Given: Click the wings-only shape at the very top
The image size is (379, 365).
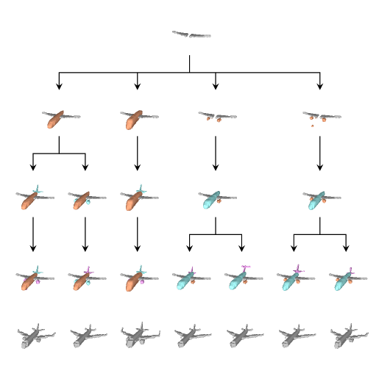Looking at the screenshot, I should [x=191, y=35].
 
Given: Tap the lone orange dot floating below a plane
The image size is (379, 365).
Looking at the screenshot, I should [x=312, y=126].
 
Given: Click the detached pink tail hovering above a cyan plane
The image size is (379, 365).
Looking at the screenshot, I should [x=246, y=267].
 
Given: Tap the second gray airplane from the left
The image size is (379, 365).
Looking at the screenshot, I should [x=88, y=338].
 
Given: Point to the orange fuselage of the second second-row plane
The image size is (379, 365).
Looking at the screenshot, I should [x=133, y=120].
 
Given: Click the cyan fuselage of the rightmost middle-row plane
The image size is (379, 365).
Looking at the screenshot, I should [x=317, y=200].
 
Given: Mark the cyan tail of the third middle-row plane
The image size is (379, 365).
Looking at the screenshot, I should [x=141, y=189].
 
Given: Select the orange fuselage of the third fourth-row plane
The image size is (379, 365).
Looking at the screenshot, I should [x=132, y=283].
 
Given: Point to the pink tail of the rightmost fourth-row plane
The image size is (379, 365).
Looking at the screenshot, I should [x=351, y=270].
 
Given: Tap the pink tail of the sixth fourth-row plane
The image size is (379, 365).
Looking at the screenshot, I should [x=298, y=270].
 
